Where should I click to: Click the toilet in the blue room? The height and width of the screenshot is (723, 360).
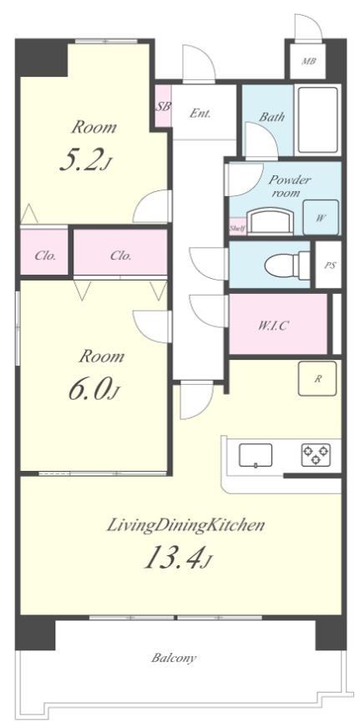pyautogui.click(x=288, y=265)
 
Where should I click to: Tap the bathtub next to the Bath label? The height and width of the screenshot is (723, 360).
pyautogui.click(x=317, y=120)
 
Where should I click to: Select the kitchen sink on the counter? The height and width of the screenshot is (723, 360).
pyautogui.click(x=256, y=456)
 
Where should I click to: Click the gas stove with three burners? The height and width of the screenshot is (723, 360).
pyautogui.click(x=317, y=455)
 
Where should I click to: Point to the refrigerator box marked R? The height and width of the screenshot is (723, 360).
pyautogui.click(x=317, y=378)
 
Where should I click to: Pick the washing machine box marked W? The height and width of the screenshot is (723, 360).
pyautogui.click(x=321, y=217)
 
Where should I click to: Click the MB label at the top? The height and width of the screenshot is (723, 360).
pyautogui.click(x=309, y=61)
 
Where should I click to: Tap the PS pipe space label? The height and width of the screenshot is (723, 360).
pyautogui.click(x=329, y=265)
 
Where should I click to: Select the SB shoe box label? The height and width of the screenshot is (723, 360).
pyautogui.click(x=163, y=107)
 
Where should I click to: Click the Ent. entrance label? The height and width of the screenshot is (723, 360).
pyautogui.click(x=200, y=114)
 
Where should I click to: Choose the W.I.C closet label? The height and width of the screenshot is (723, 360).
pyautogui.click(x=273, y=326)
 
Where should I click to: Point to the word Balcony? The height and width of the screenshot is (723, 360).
pyautogui.click(x=174, y=658)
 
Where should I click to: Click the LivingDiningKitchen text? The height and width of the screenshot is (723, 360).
pyautogui.click(x=185, y=525)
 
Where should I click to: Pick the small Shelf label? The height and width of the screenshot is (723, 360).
pyautogui.click(x=237, y=228)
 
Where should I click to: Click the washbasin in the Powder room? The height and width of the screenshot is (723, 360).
pyautogui.click(x=270, y=222)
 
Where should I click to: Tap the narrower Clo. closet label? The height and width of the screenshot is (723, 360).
pyautogui.click(x=45, y=255)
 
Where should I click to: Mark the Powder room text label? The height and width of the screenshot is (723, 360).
pyautogui.click(x=289, y=186)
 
